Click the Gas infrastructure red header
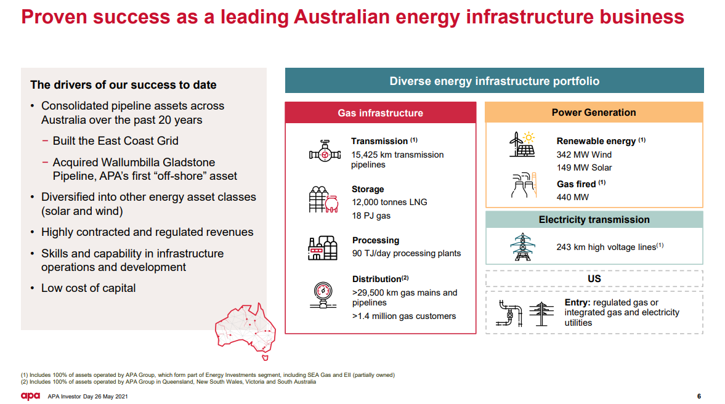click(x=381, y=113)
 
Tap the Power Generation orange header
click(x=594, y=112)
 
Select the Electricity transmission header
click(x=594, y=220)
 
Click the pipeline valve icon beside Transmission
click(x=325, y=151)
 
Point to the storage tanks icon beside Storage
click(x=323, y=200)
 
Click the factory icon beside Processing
click(x=323, y=248)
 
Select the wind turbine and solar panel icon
click(x=522, y=144)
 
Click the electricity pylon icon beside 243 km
click(x=522, y=247)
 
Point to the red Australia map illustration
click(x=246, y=331)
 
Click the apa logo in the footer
click(x=31, y=396)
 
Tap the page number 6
click(x=699, y=396)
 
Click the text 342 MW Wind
click(x=584, y=155)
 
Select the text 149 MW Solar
click(x=584, y=168)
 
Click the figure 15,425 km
click(x=370, y=155)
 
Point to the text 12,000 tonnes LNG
click(x=389, y=203)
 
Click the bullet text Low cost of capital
click(x=88, y=288)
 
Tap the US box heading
click(x=594, y=279)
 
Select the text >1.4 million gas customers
click(x=404, y=316)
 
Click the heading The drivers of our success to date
click(x=123, y=85)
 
